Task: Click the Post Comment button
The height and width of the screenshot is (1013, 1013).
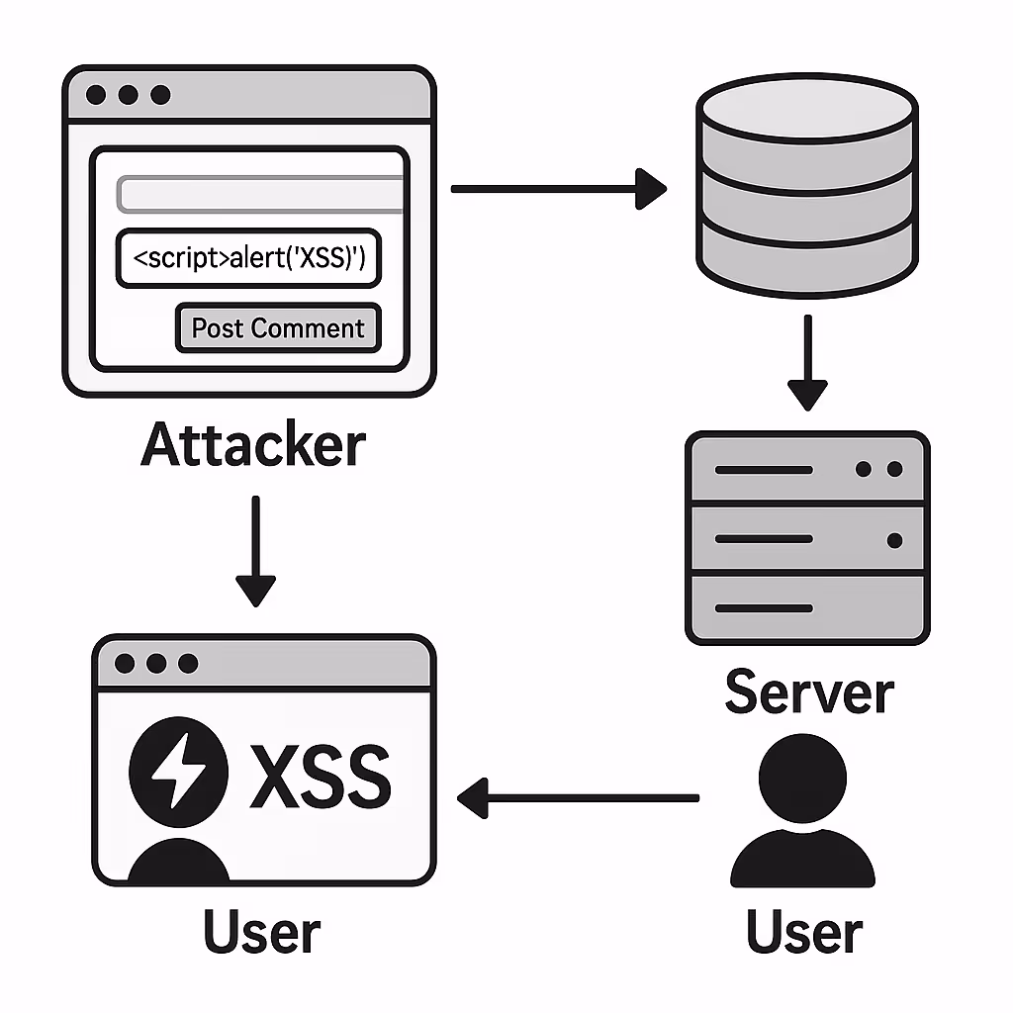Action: tap(278, 328)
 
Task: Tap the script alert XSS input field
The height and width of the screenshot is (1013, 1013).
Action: tap(248, 258)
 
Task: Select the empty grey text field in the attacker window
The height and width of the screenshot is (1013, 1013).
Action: tap(260, 194)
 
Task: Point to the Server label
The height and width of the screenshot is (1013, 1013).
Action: tap(809, 691)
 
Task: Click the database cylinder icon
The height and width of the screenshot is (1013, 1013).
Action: tap(807, 186)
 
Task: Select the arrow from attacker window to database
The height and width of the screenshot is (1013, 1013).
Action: tap(559, 189)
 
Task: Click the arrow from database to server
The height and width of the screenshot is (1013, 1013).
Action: tap(807, 362)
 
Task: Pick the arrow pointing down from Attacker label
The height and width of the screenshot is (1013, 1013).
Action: tap(256, 552)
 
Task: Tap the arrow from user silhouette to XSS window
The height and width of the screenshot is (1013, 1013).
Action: tap(578, 798)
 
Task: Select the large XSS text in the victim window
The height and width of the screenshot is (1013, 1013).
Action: tap(321, 776)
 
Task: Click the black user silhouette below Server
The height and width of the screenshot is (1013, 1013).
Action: tap(802, 810)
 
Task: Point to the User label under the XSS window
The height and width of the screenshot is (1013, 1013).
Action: tap(261, 931)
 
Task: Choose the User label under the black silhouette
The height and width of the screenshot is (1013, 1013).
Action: tap(804, 931)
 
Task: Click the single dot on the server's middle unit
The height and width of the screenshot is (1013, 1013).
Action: tap(894, 540)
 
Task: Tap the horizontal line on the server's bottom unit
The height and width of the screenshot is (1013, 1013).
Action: tap(764, 608)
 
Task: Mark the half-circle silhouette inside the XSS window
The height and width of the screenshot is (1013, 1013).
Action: tap(178, 861)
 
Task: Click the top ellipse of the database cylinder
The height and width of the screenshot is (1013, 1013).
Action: tap(807, 107)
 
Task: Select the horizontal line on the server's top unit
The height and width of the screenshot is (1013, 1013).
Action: tap(764, 470)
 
